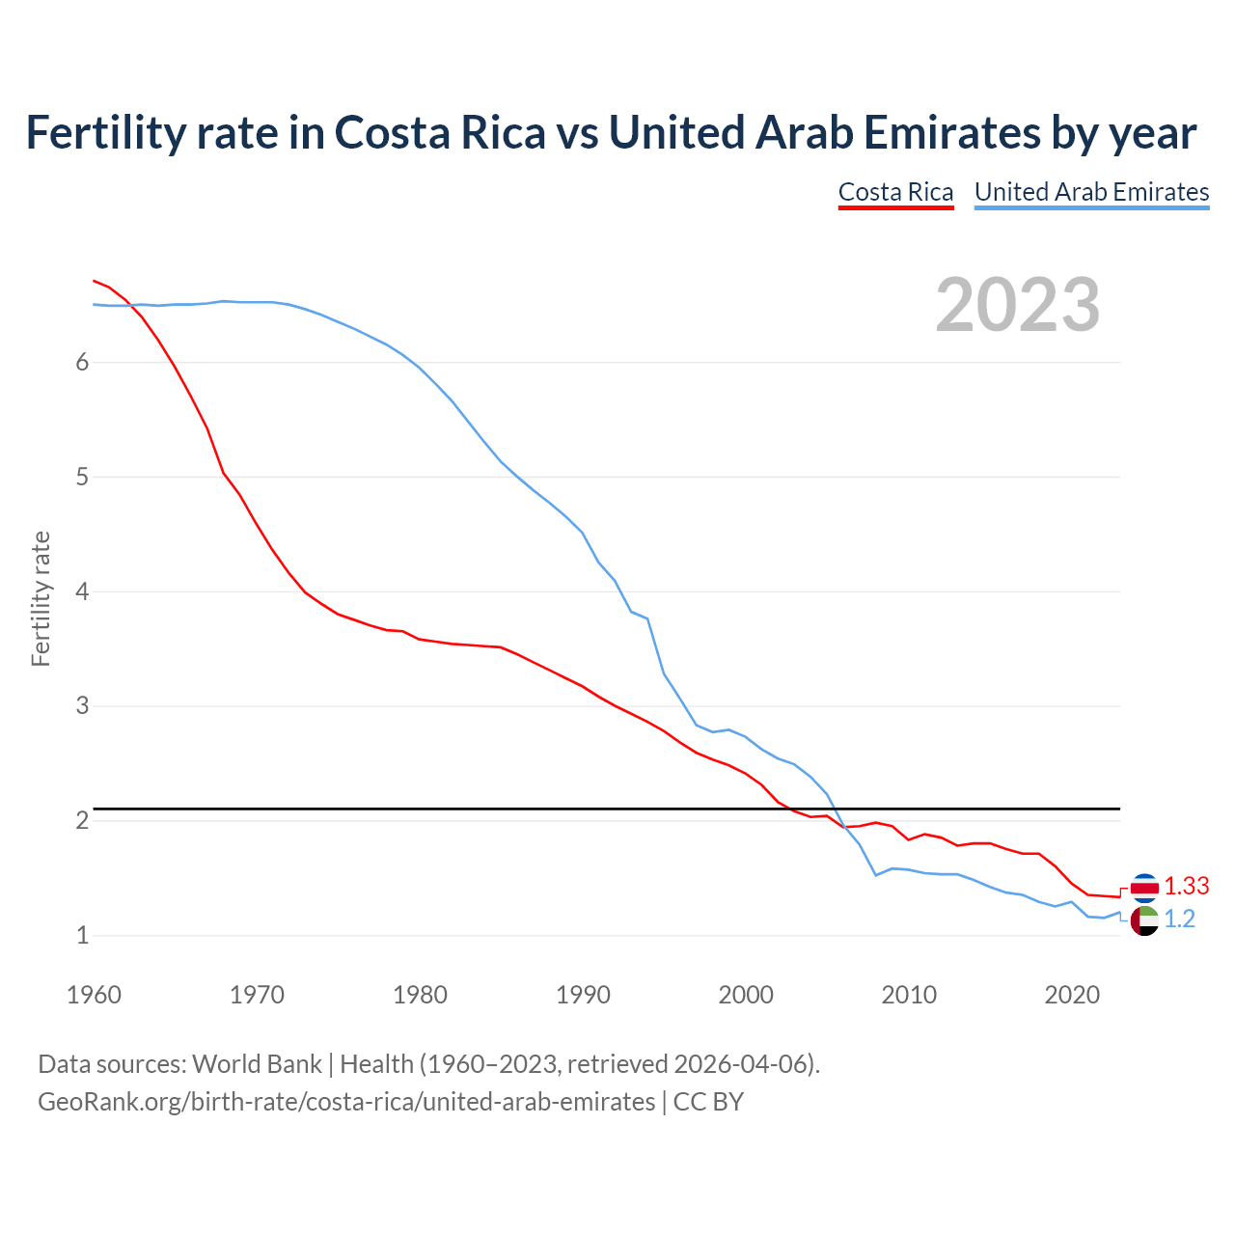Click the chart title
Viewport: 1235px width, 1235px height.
(611, 132)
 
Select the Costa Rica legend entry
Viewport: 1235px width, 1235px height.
(895, 192)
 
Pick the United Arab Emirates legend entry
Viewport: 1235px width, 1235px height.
(1091, 192)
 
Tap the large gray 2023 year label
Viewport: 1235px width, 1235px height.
(1018, 305)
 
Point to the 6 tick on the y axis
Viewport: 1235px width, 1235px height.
(82, 362)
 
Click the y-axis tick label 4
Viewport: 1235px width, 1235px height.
(82, 591)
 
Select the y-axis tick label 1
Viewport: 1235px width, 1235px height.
(82, 935)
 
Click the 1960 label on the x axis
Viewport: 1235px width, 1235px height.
(94, 995)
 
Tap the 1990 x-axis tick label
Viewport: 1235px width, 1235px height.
(583, 995)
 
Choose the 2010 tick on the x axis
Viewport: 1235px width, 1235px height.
(909, 995)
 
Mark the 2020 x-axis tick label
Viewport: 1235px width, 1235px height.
(1072, 995)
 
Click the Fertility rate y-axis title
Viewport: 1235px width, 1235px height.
(41, 598)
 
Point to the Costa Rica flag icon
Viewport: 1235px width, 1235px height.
(1144, 887)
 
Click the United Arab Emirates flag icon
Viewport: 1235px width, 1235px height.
(1144, 920)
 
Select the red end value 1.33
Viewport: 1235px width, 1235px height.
(1186, 886)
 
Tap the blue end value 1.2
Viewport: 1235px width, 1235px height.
(1179, 919)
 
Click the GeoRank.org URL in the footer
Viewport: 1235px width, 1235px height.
(346, 1102)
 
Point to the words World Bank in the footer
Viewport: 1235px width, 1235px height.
(257, 1064)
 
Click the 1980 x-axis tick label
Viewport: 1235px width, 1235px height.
(420, 995)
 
